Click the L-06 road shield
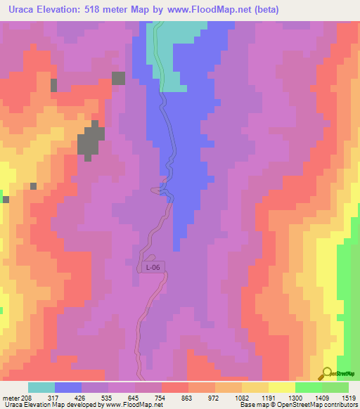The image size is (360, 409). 152,268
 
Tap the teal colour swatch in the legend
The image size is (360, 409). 41,387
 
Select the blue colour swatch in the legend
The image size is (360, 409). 68,387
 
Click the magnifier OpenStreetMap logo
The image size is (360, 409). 328,372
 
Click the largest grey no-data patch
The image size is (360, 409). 89,141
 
